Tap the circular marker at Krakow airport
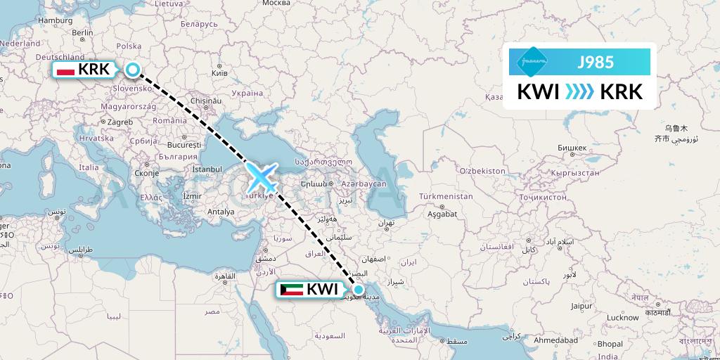coord(133,69)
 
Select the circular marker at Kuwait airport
coord(359,289)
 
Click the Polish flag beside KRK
coord(65,70)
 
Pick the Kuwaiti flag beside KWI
coord(291,289)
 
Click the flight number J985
coord(595,63)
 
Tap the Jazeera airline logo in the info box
coord(532,62)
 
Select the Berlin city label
coord(83,32)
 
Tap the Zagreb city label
coord(115,122)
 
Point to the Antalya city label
coord(221,212)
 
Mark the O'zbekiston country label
coord(482,171)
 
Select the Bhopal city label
coord(610,345)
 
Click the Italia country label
coord(89,167)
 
